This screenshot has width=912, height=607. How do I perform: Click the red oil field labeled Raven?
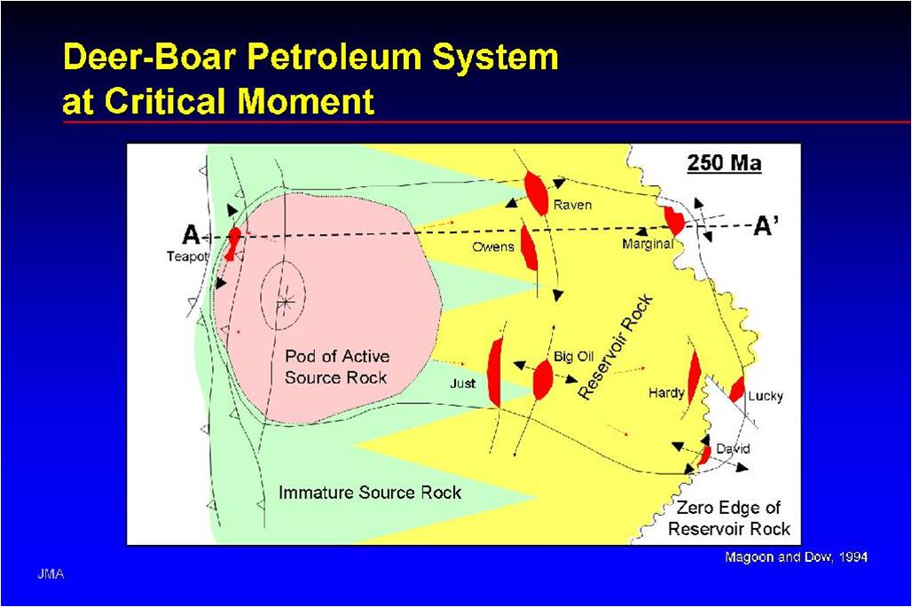pyautogui.click(x=536, y=193)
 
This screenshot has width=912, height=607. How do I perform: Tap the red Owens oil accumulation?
pyautogui.click(x=529, y=248)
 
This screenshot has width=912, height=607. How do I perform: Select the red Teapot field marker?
pyautogui.click(x=233, y=243)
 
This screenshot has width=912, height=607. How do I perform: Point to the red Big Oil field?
pyautogui.click(x=543, y=379)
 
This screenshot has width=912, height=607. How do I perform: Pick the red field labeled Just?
pyautogui.click(x=495, y=372)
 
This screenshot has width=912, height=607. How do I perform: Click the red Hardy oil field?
pyautogui.click(x=694, y=377)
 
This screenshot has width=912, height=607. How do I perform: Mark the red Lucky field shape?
pyautogui.click(x=736, y=388)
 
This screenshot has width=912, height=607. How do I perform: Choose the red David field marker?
pyautogui.click(x=704, y=455)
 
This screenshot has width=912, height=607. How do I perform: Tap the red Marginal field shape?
pyautogui.click(x=674, y=221)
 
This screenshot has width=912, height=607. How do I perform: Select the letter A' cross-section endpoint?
pyautogui.click(x=767, y=226)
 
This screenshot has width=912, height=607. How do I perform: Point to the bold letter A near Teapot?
pyautogui.click(x=190, y=235)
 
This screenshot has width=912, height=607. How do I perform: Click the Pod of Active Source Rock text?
pyautogui.click(x=336, y=367)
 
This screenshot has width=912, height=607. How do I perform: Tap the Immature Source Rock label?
pyautogui.click(x=370, y=492)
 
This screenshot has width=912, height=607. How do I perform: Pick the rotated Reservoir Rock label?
pyautogui.click(x=616, y=347)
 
